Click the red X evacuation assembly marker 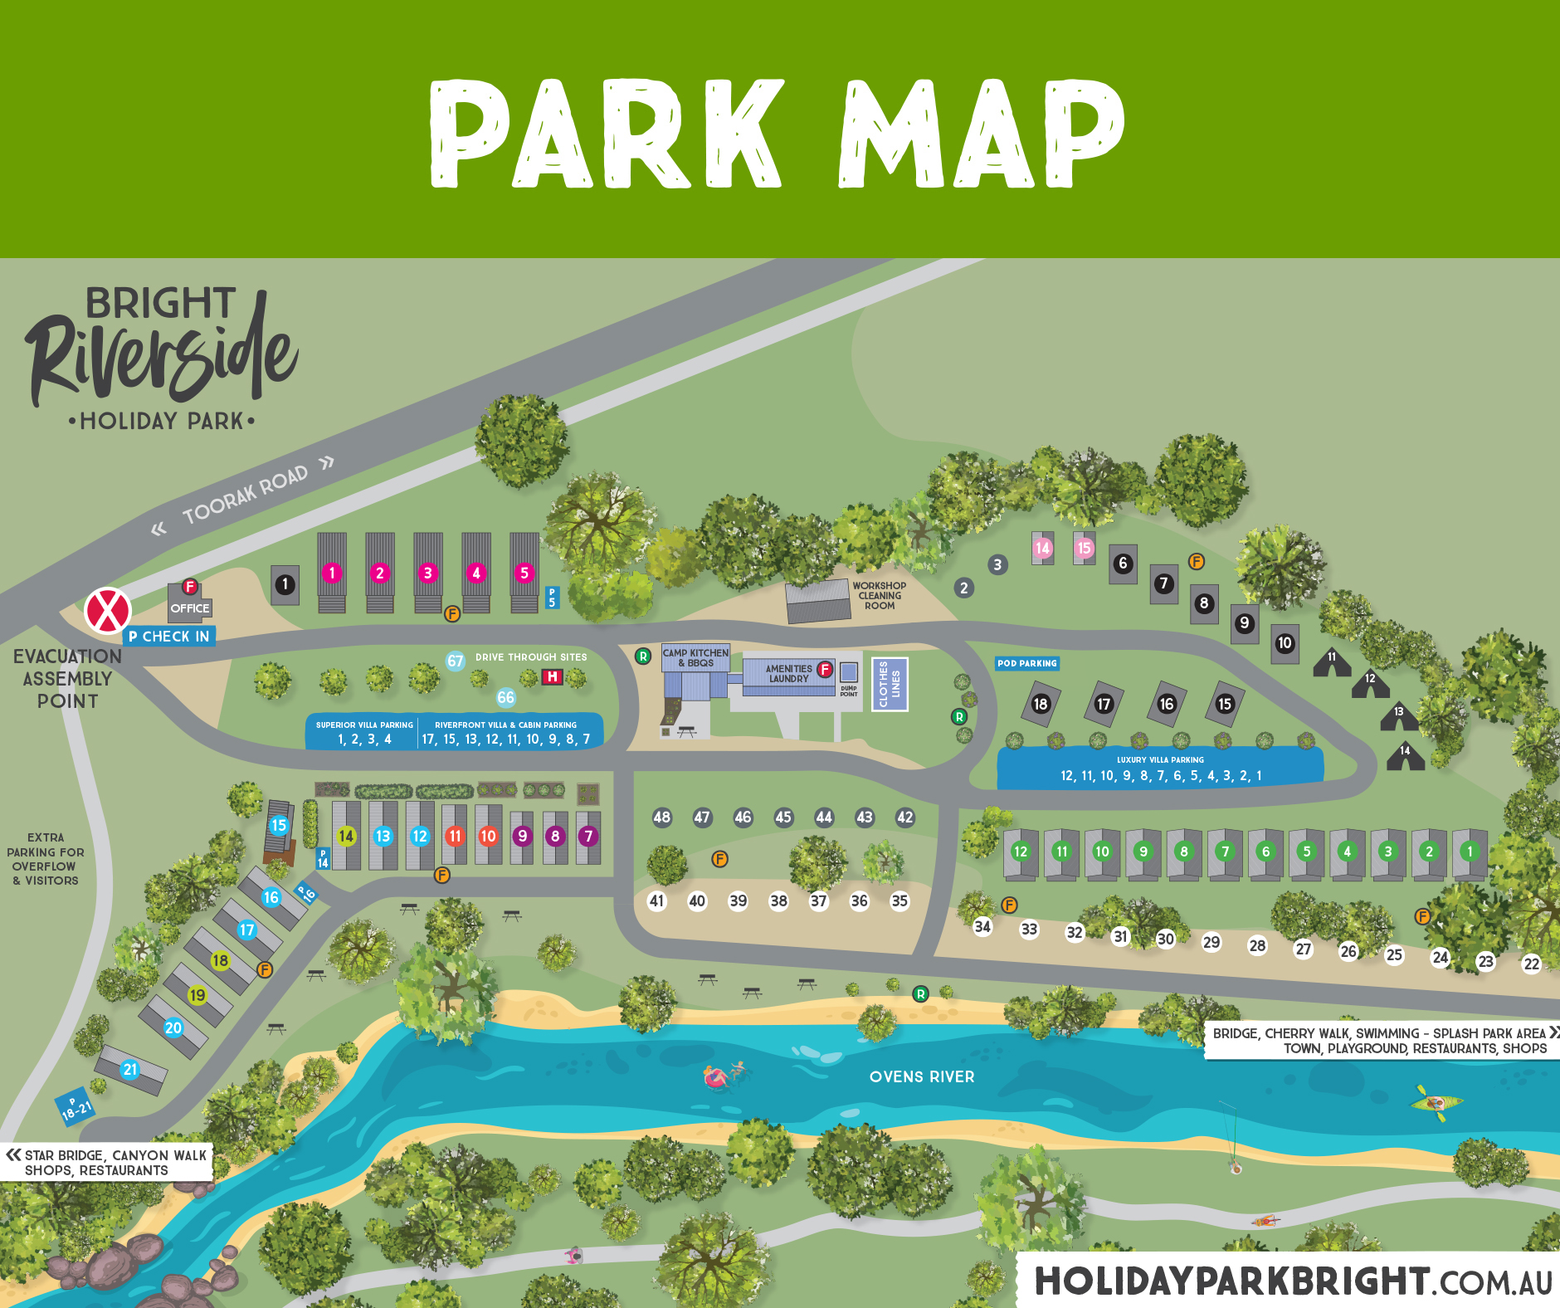click(x=107, y=611)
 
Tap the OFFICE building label click(x=190, y=608)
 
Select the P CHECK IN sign click(x=169, y=637)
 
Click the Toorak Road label click(x=245, y=495)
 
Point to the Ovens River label click(x=922, y=1076)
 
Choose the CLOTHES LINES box click(x=890, y=684)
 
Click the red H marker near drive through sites click(x=552, y=676)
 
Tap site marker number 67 click(x=456, y=661)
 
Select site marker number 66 click(x=506, y=697)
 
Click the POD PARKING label click(x=1027, y=663)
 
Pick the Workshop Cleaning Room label click(x=880, y=595)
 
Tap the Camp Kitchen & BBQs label click(x=695, y=657)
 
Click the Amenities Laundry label click(x=788, y=673)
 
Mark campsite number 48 click(x=661, y=817)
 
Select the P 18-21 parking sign click(x=75, y=1105)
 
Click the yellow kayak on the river click(x=1436, y=1103)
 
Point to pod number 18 click(x=1041, y=704)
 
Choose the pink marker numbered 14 click(x=1043, y=548)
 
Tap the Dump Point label click(x=849, y=691)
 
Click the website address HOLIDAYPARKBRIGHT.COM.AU click(x=1293, y=1281)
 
